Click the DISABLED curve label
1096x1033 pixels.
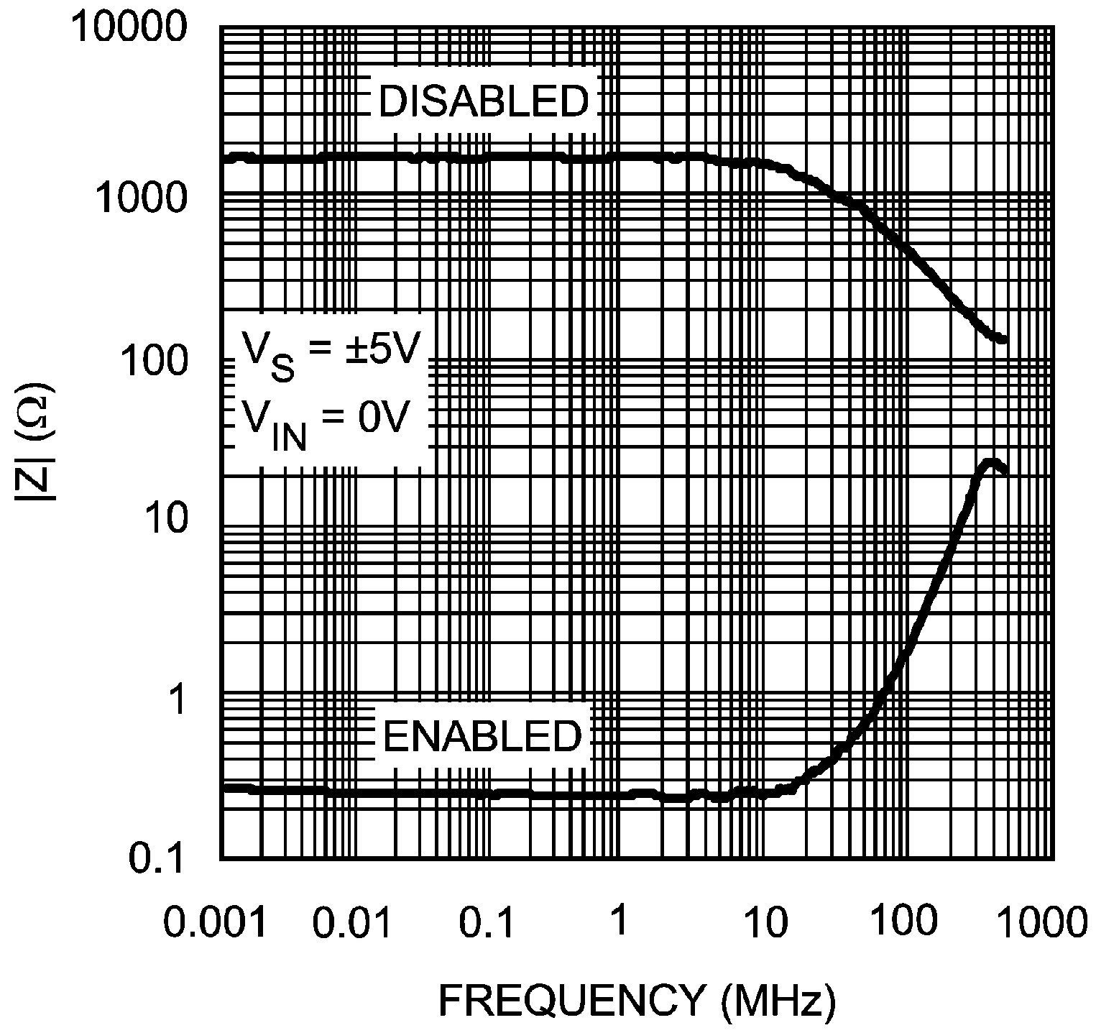click(483, 101)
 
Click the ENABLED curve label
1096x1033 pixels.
click(482, 736)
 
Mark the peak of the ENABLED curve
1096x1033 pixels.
click(990, 462)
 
